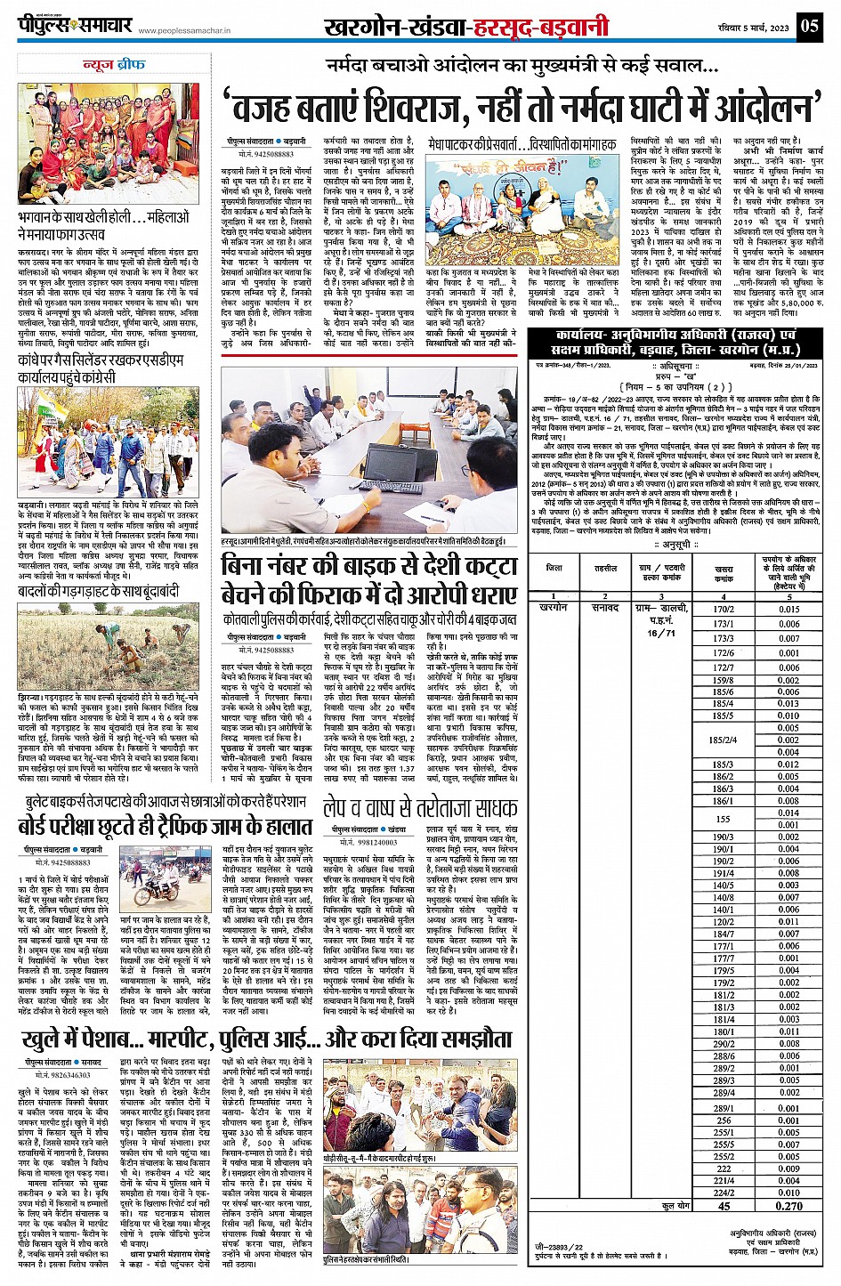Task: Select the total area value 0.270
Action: click(788, 1206)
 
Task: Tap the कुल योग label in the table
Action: click(675, 1205)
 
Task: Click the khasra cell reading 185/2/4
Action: click(723, 740)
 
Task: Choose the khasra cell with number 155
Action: click(723, 819)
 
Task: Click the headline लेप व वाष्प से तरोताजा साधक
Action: click(419, 807)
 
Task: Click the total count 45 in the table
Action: click(723, 1206)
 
